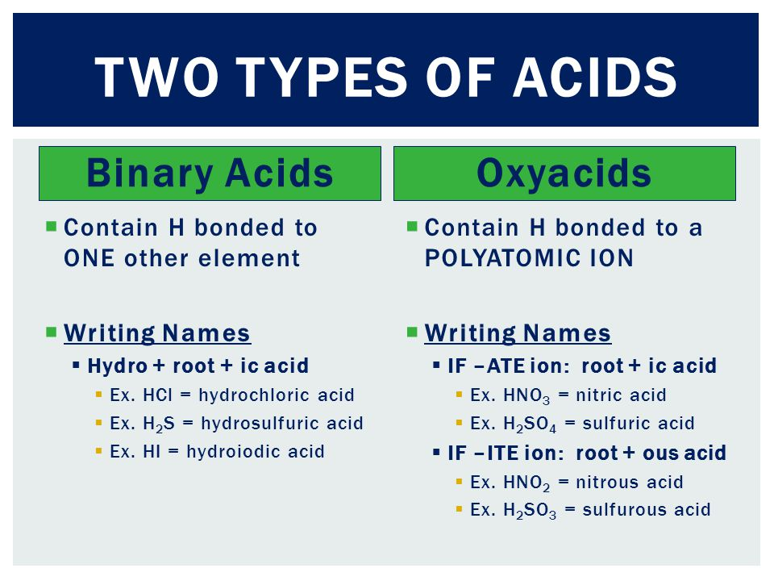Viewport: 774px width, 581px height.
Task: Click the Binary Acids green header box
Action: pyautogui.click(x=210, y=173)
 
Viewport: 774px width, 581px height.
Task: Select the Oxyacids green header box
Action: pyautogui.click(x=564, y=173)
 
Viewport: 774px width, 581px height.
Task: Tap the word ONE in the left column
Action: pyautogui.click(x=89, y=258)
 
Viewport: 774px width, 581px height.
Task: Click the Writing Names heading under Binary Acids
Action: pyautogui.click(x=157, y=333)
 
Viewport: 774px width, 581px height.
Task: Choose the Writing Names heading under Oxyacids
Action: pyautogui.click(x=518, y=333)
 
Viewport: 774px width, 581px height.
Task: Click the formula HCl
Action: pyautogui.click(x=158, y=395)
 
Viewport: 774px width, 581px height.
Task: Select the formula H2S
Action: pyautogui.click(x=159, y=424)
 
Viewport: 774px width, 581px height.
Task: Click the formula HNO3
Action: pyautogui.click(x=526, y=396)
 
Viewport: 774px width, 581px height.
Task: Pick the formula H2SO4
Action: pyautogui.click(x=530, y=424)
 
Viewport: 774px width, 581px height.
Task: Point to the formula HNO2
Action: pyautogui.click(x=526, y=483)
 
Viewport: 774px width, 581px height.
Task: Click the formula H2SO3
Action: pyautogui.click(x=530, y=511)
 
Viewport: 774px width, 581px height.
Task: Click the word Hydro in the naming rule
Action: pyautogui.click(x=118, y=366)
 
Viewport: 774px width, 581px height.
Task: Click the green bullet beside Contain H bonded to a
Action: pyautogui.click(x=412, y=227)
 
